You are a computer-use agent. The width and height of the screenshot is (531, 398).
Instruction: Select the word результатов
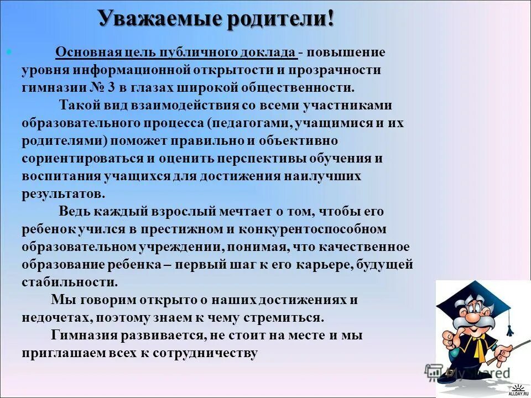pos(63,194)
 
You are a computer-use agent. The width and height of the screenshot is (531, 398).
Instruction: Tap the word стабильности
pos(69,282)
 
